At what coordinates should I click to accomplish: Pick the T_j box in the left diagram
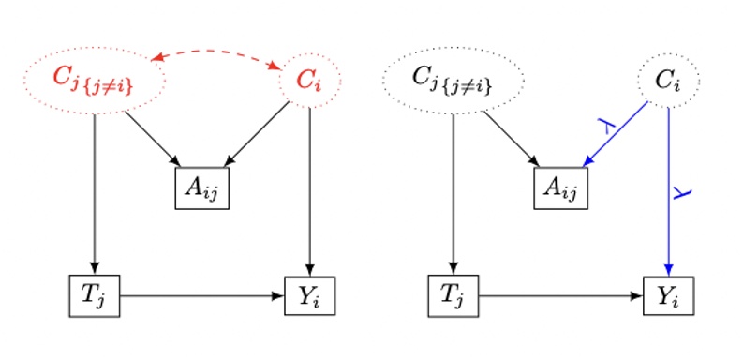click(x=95, y=295)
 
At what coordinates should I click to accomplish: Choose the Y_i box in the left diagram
click(x=309, y=295)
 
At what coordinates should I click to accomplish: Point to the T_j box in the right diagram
click(x=453, y=295)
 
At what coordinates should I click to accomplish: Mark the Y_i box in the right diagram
click(x=668, y=295)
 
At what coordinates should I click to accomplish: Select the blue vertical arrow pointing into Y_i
click(x=669, y=187)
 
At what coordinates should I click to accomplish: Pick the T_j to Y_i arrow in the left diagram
click(x=201, y=295)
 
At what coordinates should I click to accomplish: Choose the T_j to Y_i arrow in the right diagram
click(x=560, y=295)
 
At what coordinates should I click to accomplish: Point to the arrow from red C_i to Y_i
click(x=310, y=187)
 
